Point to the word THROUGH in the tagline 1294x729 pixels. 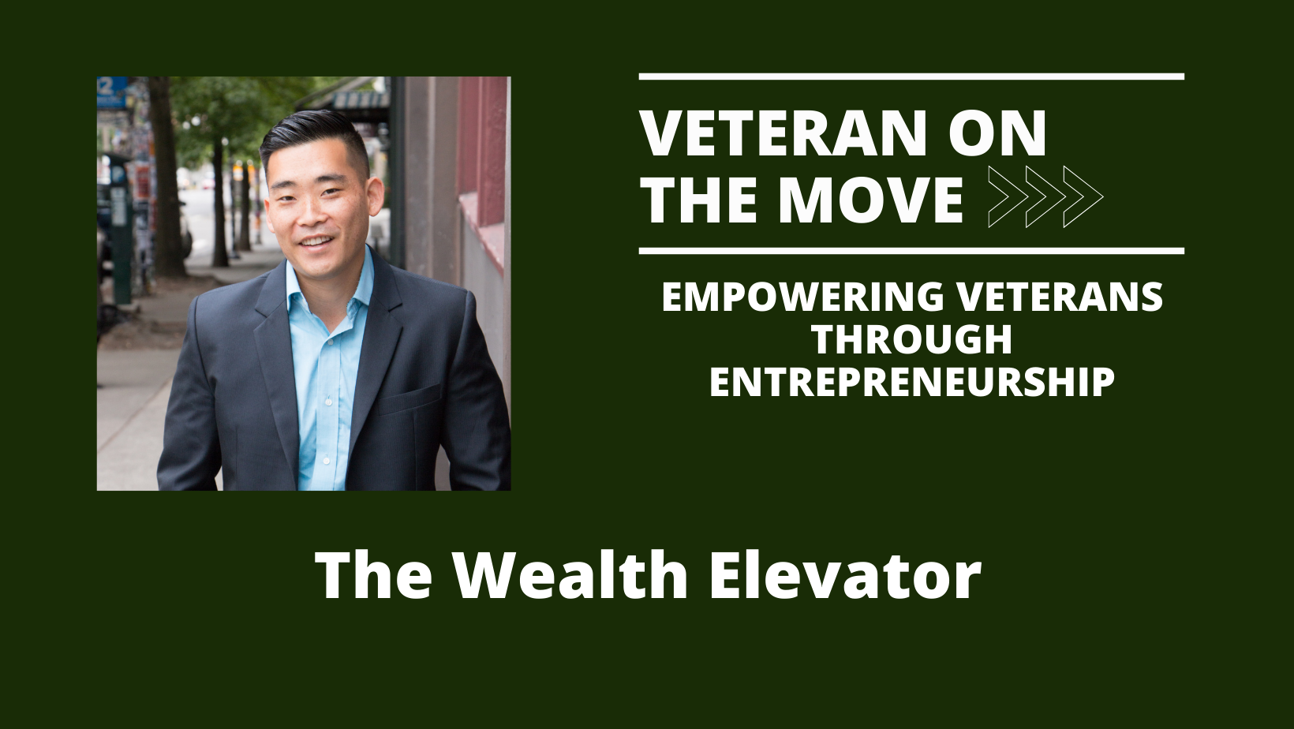[911, 339]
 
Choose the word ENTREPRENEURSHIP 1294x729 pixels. [911, 382]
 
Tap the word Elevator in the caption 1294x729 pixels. [844, 574]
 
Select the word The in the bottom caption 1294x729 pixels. [373, 574]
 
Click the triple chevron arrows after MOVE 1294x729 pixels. [1045, 197]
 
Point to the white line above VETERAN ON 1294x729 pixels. [911, 77]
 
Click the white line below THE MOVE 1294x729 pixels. [911, 251]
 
